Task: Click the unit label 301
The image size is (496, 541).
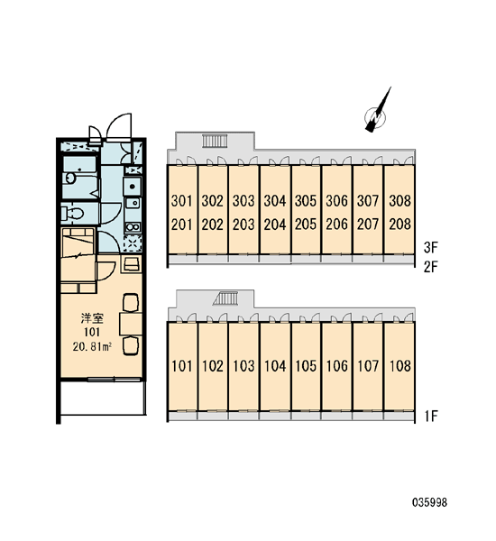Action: coord(181,200)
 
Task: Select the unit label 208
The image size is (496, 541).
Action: coord(400,225)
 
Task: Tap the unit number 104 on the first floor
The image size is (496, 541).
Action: coord(275,366)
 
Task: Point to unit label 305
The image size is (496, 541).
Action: coord(306,200)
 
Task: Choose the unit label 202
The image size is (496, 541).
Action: coord(213,225)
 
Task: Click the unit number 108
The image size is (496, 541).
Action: coord(400,366)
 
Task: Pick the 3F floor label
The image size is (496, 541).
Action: coord(431,247)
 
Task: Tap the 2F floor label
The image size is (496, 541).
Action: coord(431,267)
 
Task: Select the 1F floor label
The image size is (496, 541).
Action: coord(431,416)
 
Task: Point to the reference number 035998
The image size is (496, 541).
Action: coord(430,502)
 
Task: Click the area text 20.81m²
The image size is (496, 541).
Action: coord(92,346)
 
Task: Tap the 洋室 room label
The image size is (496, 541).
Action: coord(92,317)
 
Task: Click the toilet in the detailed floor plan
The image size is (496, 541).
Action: coord(72,214)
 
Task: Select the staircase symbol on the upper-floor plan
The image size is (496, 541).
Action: coord(215,142)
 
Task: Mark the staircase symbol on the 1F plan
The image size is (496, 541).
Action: coord(226,298)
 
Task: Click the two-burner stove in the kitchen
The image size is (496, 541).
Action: coord(133,227)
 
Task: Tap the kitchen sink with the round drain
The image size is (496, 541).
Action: coord(133,186)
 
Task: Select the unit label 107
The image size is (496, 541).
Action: coord(368,366)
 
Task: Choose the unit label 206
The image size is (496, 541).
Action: coord(337,225)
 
